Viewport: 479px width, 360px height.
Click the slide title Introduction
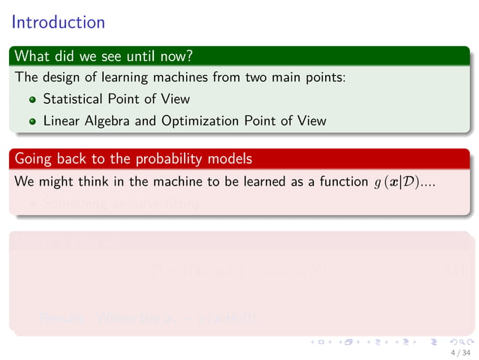pyautogui.click(x=59, y=23)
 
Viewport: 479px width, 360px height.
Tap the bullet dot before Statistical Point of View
pyautogui.click(x=32, y=99)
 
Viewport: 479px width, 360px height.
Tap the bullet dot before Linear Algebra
pyautogui.click(x=32, y=120)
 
